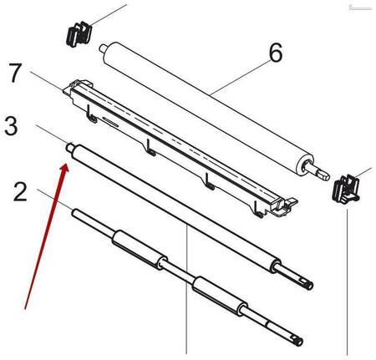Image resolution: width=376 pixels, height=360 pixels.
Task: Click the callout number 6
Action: [x=276, y=53]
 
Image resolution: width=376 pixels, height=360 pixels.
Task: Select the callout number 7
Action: [x=16, y=73]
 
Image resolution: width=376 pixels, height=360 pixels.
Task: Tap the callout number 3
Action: [x=11, y=126]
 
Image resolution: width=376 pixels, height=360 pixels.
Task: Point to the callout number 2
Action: [x=20, y=191]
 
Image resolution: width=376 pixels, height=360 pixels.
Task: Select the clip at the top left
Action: [x=79, y=34]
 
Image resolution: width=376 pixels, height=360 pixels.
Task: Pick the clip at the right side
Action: [x=346, y=188]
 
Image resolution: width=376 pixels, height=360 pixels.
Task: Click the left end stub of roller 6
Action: [x=102, y=48]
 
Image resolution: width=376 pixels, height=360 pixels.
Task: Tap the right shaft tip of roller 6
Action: [x=325, y=176]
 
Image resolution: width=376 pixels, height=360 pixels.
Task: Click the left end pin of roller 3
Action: [x=69, y=146]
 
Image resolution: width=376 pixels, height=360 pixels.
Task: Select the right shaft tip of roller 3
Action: [x=308, y=285]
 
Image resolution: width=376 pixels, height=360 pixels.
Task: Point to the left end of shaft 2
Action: [x=74, y=213]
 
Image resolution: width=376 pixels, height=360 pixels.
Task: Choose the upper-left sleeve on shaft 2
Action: [x=140, y=250]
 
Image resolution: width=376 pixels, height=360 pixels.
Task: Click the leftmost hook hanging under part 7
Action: [x=92, y=114]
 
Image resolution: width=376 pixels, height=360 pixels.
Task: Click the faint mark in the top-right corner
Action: [x=360, y=8]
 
